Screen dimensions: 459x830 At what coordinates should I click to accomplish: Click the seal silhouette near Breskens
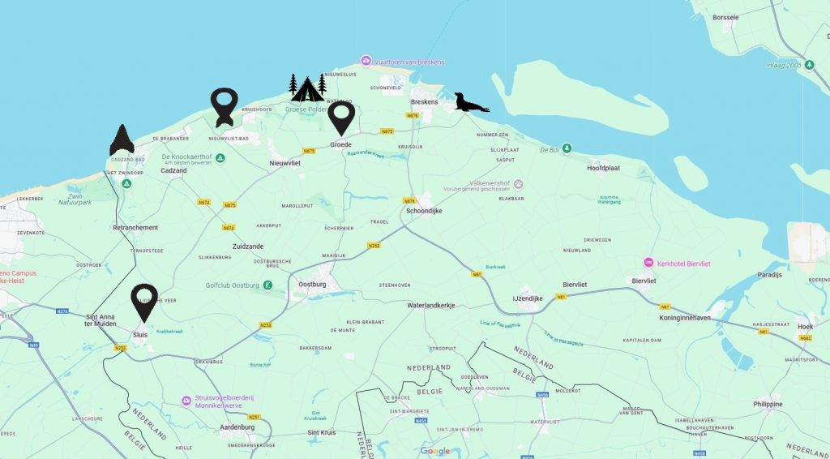[470, 103]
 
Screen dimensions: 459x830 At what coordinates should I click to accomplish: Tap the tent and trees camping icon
[307, 88]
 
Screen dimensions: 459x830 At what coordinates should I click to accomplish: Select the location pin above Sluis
[144, 302]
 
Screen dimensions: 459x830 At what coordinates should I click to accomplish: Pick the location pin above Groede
[341, 119]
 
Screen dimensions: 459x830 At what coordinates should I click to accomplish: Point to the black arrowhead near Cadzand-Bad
[122, 140]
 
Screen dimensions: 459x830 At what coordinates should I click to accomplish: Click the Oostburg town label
[312, 285]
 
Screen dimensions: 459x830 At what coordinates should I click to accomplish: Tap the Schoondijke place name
[424, 210]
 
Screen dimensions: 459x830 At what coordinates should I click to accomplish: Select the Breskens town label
[424, 102]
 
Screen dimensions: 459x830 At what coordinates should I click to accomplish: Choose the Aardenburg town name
[237, 427]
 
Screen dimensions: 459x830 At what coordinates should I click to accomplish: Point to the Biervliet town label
[644, 281]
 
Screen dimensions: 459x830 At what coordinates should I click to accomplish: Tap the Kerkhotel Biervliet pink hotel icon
[648, 262]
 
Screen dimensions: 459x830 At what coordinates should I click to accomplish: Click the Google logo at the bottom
[435, 452]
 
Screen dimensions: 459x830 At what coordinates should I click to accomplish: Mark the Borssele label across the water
[725, 16]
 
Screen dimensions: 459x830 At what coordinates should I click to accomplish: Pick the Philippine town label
[768, 404]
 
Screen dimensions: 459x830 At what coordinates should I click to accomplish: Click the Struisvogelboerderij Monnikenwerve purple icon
[186, 399]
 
